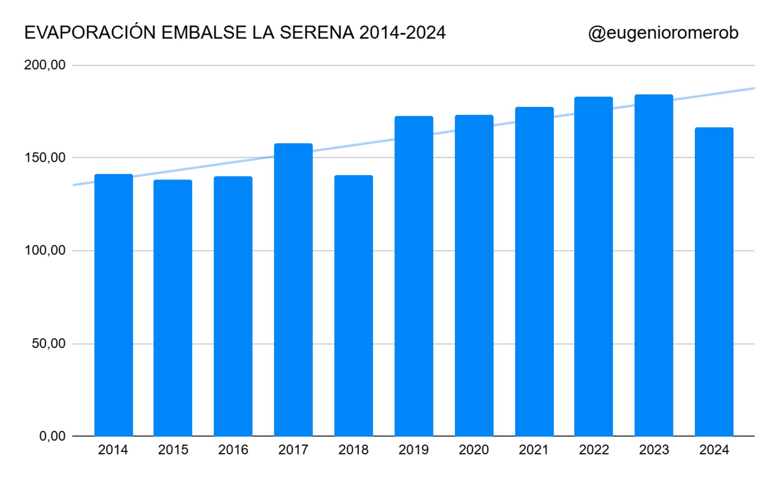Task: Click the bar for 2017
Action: pos(293,290)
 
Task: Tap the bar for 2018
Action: pos(353,306)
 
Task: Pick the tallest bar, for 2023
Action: pos(654,265)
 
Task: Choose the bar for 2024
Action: pos(714,282)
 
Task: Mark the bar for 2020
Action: pos(474,275)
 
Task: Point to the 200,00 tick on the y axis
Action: pos(45,65)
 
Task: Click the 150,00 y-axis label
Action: pos(45,158)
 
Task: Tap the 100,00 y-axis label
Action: pos(45,250)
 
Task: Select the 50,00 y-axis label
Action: pos(48,344)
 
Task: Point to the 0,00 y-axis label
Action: pos(52,436)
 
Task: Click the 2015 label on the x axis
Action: pos(173,450)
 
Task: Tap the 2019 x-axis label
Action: pos(413,450)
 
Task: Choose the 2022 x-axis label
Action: pos(594,450)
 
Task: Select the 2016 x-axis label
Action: pos(233,450)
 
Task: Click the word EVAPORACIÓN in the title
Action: pos(90,33)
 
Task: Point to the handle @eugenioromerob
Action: pos(663,33)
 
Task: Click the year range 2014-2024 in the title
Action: pos(402,33)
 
